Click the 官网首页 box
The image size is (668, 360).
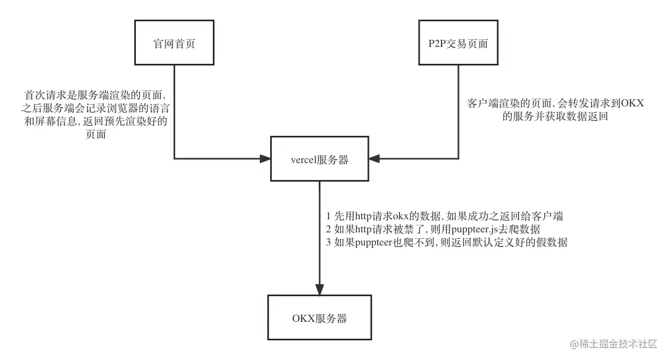click(x=174, y=44)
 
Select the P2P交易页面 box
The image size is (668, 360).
click(x=458, y=44)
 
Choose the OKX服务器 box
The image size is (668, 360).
click(x=319, y=318)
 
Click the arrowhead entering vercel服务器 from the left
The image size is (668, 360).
click(x=265, y=159)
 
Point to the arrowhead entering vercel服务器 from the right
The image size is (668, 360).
click(x=374, y=159)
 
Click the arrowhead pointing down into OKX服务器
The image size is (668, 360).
click(x=320, y=289)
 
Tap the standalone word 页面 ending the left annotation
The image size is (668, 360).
click(x=96, y=135)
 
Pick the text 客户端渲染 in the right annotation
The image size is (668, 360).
click(x=490, y=104)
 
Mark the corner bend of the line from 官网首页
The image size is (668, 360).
click(x=174, y=159)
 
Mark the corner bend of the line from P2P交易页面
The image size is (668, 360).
click(x=458, y=159)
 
